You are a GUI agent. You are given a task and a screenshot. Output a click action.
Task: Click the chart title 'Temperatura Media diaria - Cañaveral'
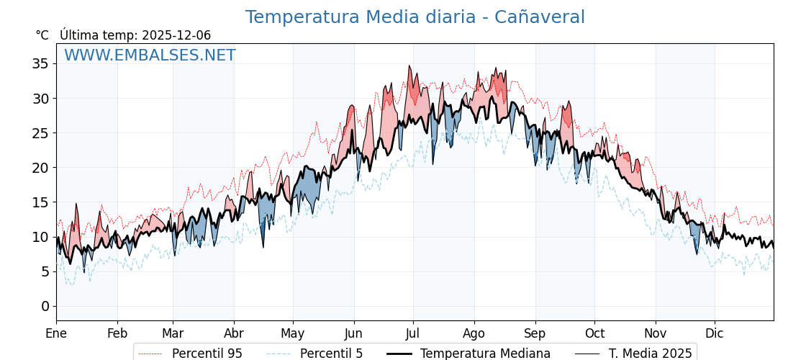pyautogui.click(x=415, y=17)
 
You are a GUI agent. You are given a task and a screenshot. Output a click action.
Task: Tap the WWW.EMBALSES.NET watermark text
pyautogui.click(x=150, y=55)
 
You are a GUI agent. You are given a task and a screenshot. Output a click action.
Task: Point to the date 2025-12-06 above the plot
pyautogui.click(x=176, y=35)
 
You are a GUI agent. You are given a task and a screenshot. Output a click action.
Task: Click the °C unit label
pyautogui.click(x=42, y=35)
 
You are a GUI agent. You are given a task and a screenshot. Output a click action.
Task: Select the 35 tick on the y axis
pyautogui.click(x=40, y=63)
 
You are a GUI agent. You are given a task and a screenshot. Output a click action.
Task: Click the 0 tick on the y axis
pyautogui.click(x=45, y=306)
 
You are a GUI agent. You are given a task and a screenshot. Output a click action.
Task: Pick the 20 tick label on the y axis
pyautogui.click(x=40, y=168)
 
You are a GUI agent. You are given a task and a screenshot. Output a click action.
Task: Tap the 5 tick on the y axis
pyautogui.click(x=45, y=271)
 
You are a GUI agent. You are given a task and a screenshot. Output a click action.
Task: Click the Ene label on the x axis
pyautogui.click(x=56, y=333)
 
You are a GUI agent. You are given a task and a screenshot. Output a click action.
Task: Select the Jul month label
pyautogui.click(x=413, y=333)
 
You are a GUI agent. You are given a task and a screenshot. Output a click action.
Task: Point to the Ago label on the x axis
pyautogui.click(x=474, y=333)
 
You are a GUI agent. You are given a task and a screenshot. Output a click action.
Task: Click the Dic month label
pyautogui.click(x=715, y=333)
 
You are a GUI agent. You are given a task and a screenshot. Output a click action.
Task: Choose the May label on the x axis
pyautogui.click(x=293, y=333)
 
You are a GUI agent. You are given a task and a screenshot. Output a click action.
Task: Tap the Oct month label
pyautogui.click(x=594, y=333)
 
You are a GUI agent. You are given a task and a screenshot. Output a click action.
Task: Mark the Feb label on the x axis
pyautogui.click(x=117, y=333)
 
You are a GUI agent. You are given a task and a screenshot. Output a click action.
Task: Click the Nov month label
pyautogui.click(x=656, y=333)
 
